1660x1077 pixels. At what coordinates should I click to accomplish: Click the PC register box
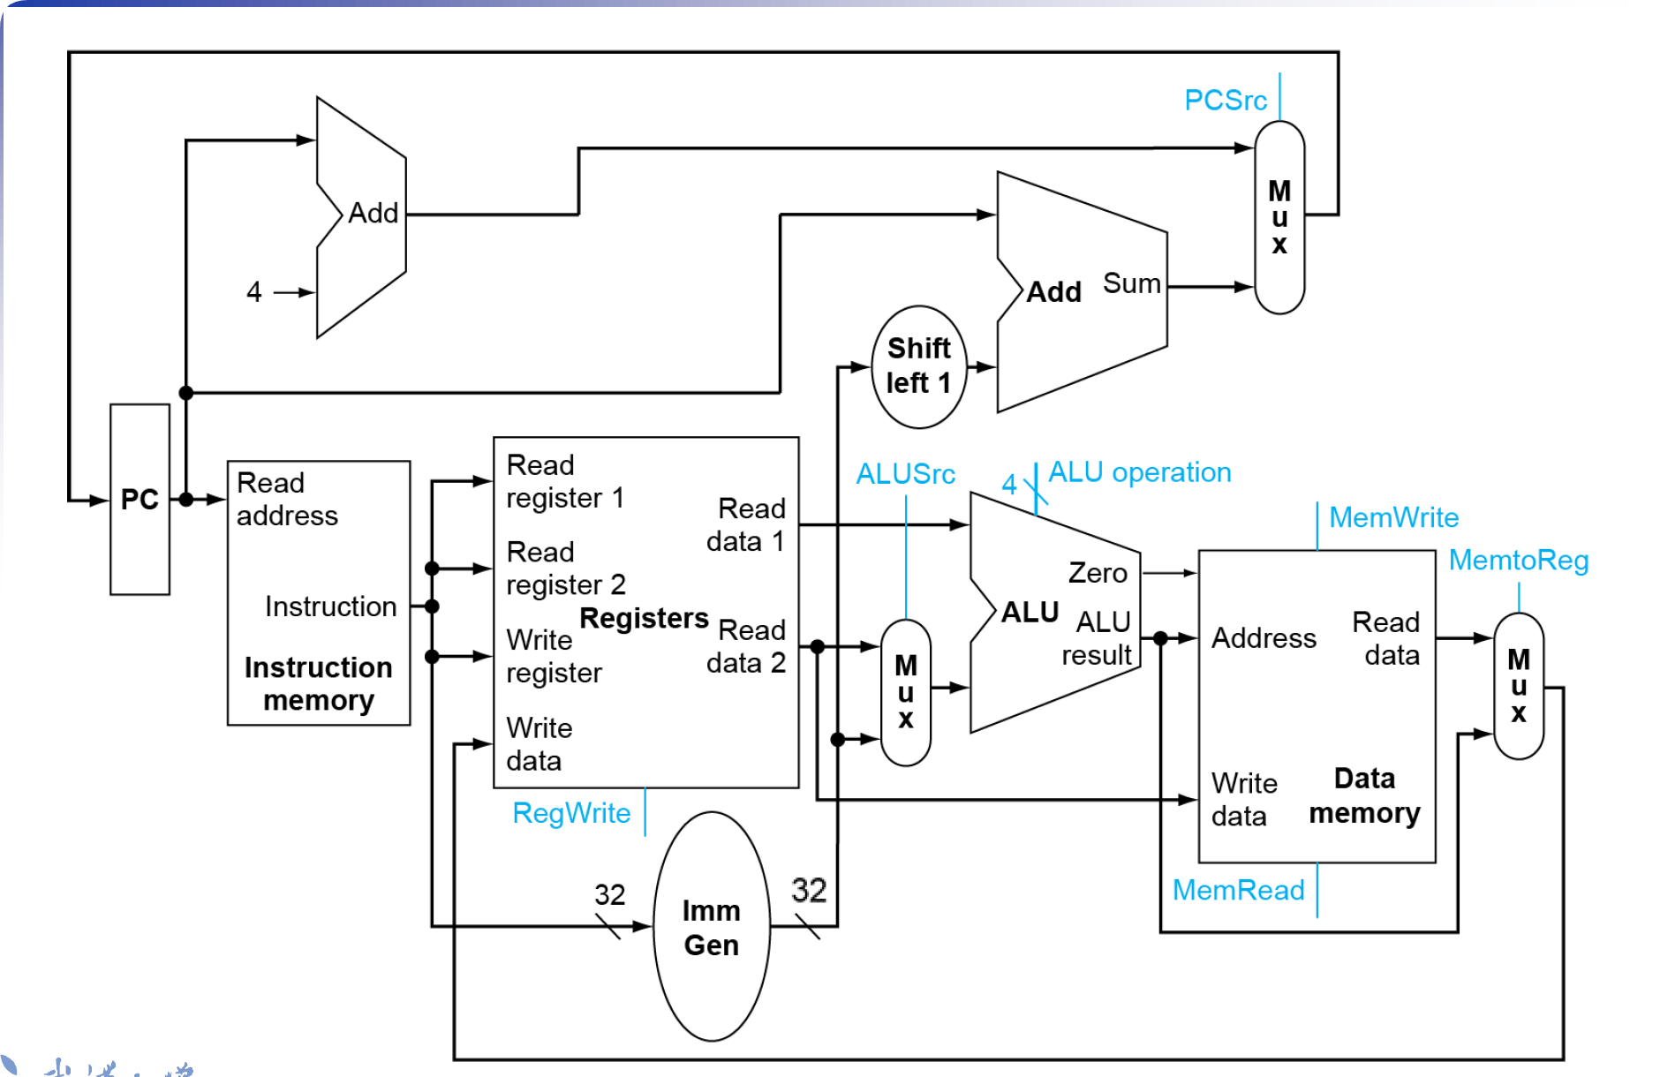(x=140, y=500)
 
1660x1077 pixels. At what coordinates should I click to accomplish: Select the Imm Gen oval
(x=711, y=927)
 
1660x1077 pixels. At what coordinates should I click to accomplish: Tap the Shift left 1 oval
(x=918, y=366)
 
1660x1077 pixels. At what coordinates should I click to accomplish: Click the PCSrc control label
(x=1225, y=101)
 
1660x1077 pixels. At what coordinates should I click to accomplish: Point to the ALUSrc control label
(x=905, y=474)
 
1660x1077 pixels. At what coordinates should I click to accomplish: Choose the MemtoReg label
(x=1518, y=560)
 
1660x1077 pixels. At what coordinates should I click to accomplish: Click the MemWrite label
(x=1393, y=517)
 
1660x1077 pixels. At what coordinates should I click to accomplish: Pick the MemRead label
(x=1238, y=890)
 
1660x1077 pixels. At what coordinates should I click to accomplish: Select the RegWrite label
(x=571, y=813)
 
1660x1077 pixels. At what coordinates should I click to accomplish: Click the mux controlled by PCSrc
(x=1279, y=217)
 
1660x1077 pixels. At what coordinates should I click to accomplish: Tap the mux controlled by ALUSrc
(x=905, y=692)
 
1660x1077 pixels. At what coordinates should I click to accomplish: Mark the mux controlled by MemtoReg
(x=1518, y=686)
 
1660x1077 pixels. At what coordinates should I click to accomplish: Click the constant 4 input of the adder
(x=254, y=291)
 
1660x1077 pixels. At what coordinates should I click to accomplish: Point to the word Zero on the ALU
(x=1098, y=573)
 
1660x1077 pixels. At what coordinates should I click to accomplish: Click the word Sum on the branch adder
(x=1131, y=283)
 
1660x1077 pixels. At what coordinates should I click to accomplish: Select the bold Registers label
(x=644, y=618)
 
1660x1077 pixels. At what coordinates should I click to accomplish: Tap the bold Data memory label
(x=1364, y=795)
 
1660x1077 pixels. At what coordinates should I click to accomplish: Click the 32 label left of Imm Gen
(x=609, y=894)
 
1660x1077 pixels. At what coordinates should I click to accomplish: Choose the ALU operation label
(x=1139, y=472)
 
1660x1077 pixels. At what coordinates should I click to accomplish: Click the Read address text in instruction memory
(x=287, y=499)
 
